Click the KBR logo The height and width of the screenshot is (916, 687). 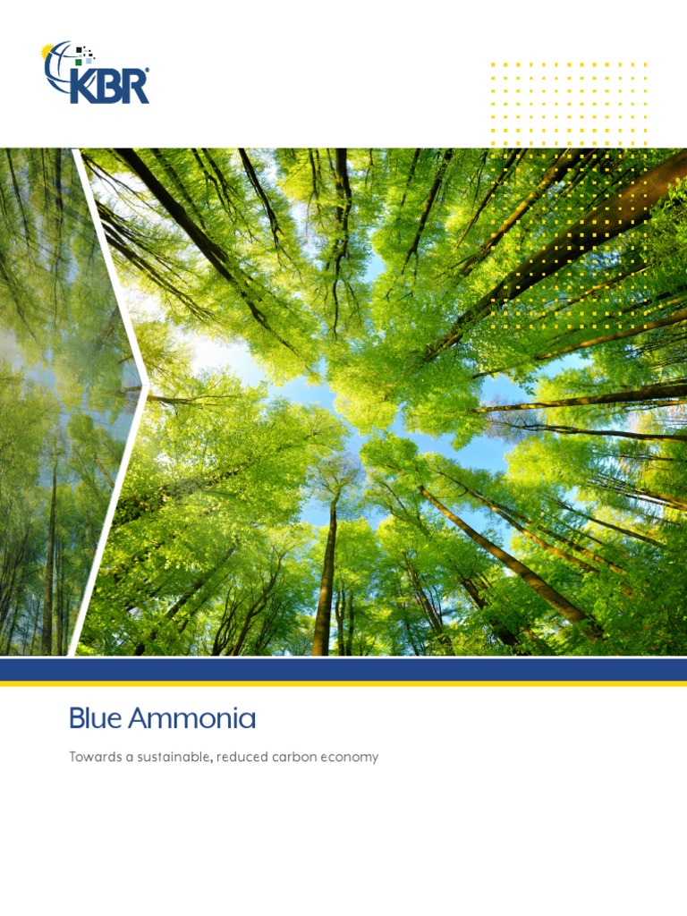click(x=96, y=73)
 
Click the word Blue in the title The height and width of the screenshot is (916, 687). click(x=95, y=718)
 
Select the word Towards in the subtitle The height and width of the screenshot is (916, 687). click(x=95, y=757)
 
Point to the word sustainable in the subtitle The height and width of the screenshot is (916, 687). click(x=173, y=757)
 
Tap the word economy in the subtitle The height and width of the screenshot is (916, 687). click(x=352, y=757)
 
